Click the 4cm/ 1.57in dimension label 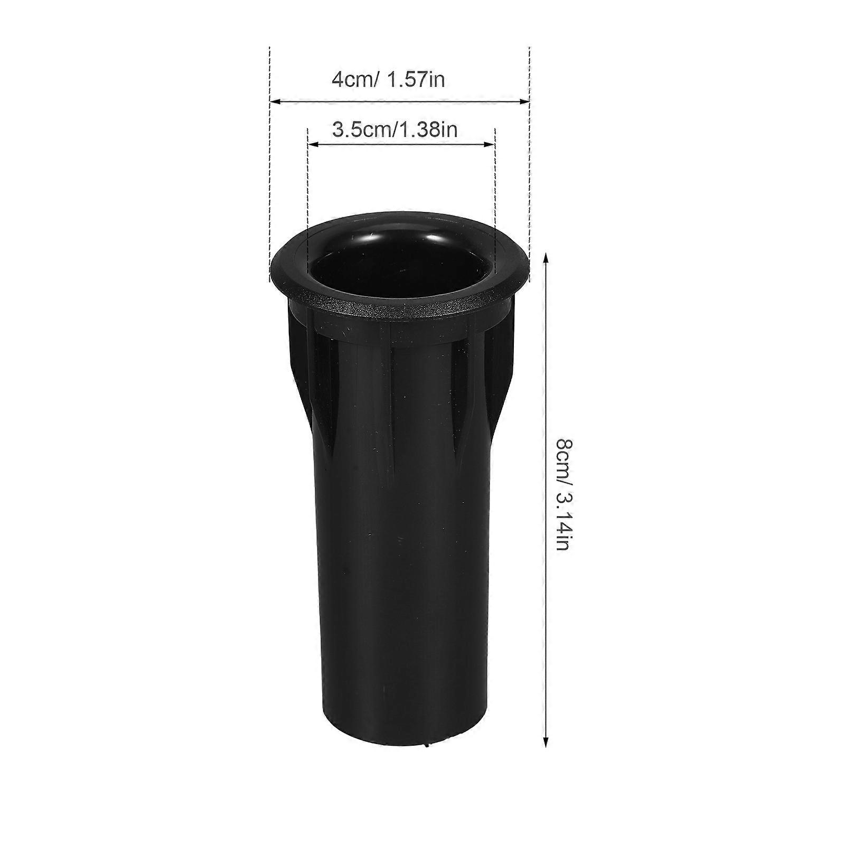[388, 80]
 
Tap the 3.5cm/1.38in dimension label [395, 129]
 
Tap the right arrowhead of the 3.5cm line [491, 143]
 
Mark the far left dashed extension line [270, 158]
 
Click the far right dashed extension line [529, 158]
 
